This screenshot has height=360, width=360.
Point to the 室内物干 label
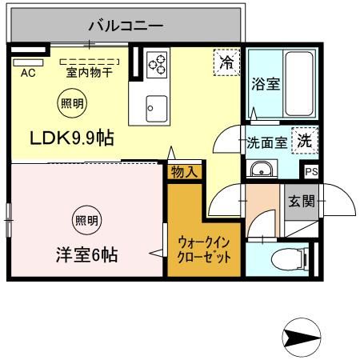point(89,71)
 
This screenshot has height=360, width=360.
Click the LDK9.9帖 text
point(72,138)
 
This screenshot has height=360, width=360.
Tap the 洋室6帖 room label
point(86,256)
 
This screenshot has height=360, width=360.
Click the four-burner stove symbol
point(158,62)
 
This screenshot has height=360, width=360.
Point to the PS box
point(311,171)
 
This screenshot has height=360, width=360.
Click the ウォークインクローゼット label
point(203,251)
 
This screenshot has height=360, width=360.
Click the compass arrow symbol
point(302,335)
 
